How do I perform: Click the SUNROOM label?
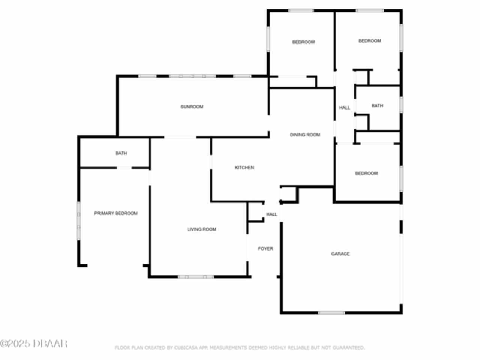point(192,106)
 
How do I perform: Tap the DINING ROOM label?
point(305,135)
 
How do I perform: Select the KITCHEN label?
point(244,168)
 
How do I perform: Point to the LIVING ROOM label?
point(202,229)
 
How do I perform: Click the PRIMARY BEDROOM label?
point(115,213)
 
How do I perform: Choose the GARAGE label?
point(340,254)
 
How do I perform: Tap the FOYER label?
point(265,249)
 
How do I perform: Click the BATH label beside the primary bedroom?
point(121,153)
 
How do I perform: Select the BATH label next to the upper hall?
point(378,106)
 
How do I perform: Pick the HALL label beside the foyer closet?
point(271,214)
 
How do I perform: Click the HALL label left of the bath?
point(344,108)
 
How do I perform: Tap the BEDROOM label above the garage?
point(366,174)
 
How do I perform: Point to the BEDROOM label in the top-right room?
point(370,41)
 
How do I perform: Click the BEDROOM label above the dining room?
point(303,42)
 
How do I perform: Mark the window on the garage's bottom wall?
point(331,313)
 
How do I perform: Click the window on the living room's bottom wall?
point(196,277)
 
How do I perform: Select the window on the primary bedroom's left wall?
point(79,221)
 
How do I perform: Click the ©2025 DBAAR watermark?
point(33,343)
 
